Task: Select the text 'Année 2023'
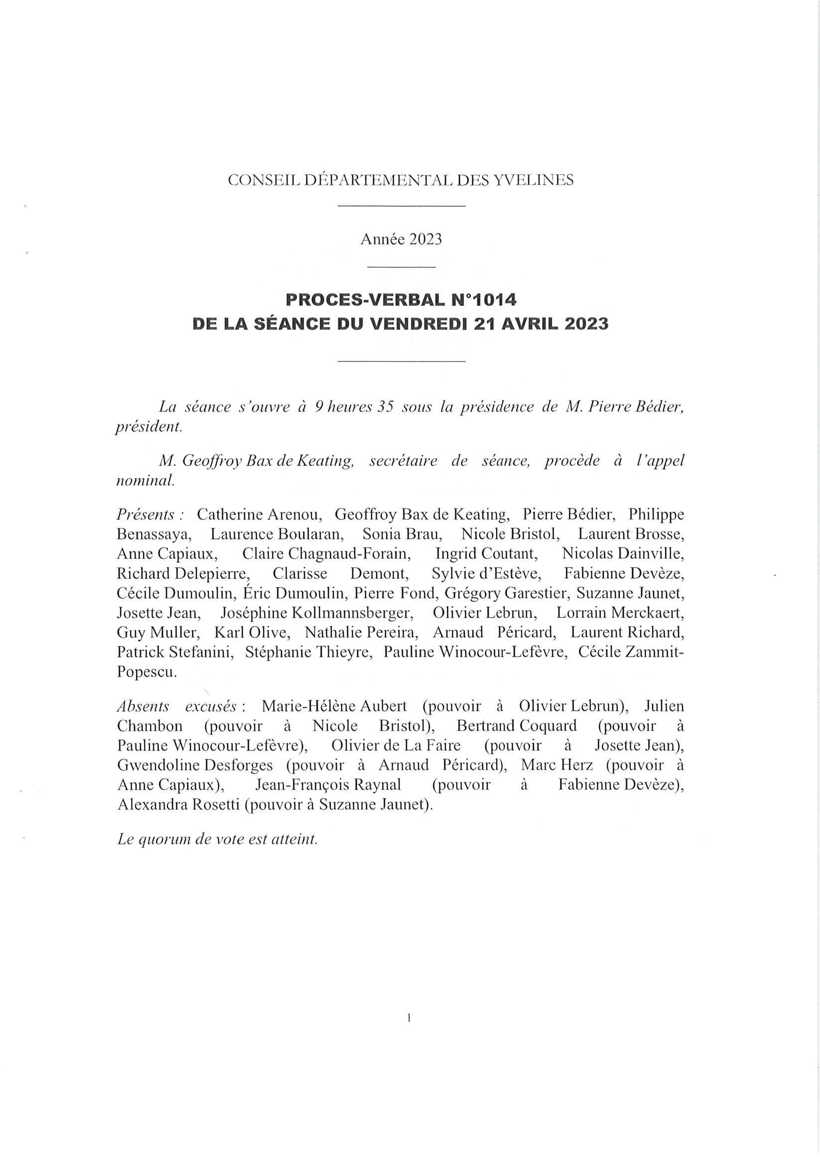click(x=401, y=239)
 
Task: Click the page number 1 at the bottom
click(x=409, y=1018)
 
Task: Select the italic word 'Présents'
click(x=149, y=515)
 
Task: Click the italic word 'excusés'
click(x=211, y=706)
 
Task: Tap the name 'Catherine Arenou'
click(x=259, y=515)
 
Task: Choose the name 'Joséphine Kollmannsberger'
click(x=317, y=613)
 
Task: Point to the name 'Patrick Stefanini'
click(x=175, y=653)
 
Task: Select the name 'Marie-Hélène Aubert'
click(x=334, y=706)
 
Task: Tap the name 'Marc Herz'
click(x=557, y=766)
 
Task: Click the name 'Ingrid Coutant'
click(x=486, y=554)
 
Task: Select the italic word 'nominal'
click(x=145, y=481)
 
